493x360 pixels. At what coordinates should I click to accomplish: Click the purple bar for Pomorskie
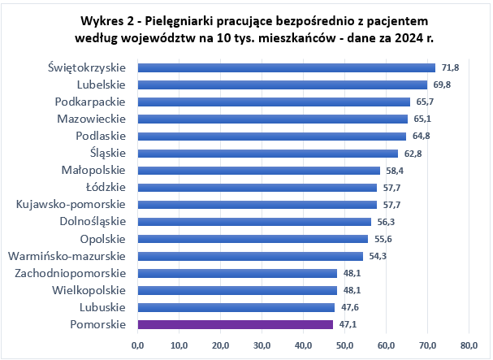(x=236, y=324)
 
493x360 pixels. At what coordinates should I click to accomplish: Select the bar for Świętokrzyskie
(x=287, y=67)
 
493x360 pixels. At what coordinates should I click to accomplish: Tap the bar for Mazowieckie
(x=273, y=119)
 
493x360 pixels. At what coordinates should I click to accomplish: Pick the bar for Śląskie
(x=268, y=153)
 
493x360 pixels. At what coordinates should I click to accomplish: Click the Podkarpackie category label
(x=90, y=102)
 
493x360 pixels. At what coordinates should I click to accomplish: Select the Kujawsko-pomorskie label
(x=71, y=204)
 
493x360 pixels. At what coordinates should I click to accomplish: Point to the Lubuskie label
(x=102, y=307)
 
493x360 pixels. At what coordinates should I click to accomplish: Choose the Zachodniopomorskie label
(x=71, y=273)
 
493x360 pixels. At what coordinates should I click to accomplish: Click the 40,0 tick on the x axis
(x=303, y=346)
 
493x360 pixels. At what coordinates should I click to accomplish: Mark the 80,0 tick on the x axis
(x=469, y=346)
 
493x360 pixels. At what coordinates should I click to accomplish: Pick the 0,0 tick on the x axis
(x=137, y=346)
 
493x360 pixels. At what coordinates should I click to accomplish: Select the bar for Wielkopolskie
(x=237, y=290)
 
